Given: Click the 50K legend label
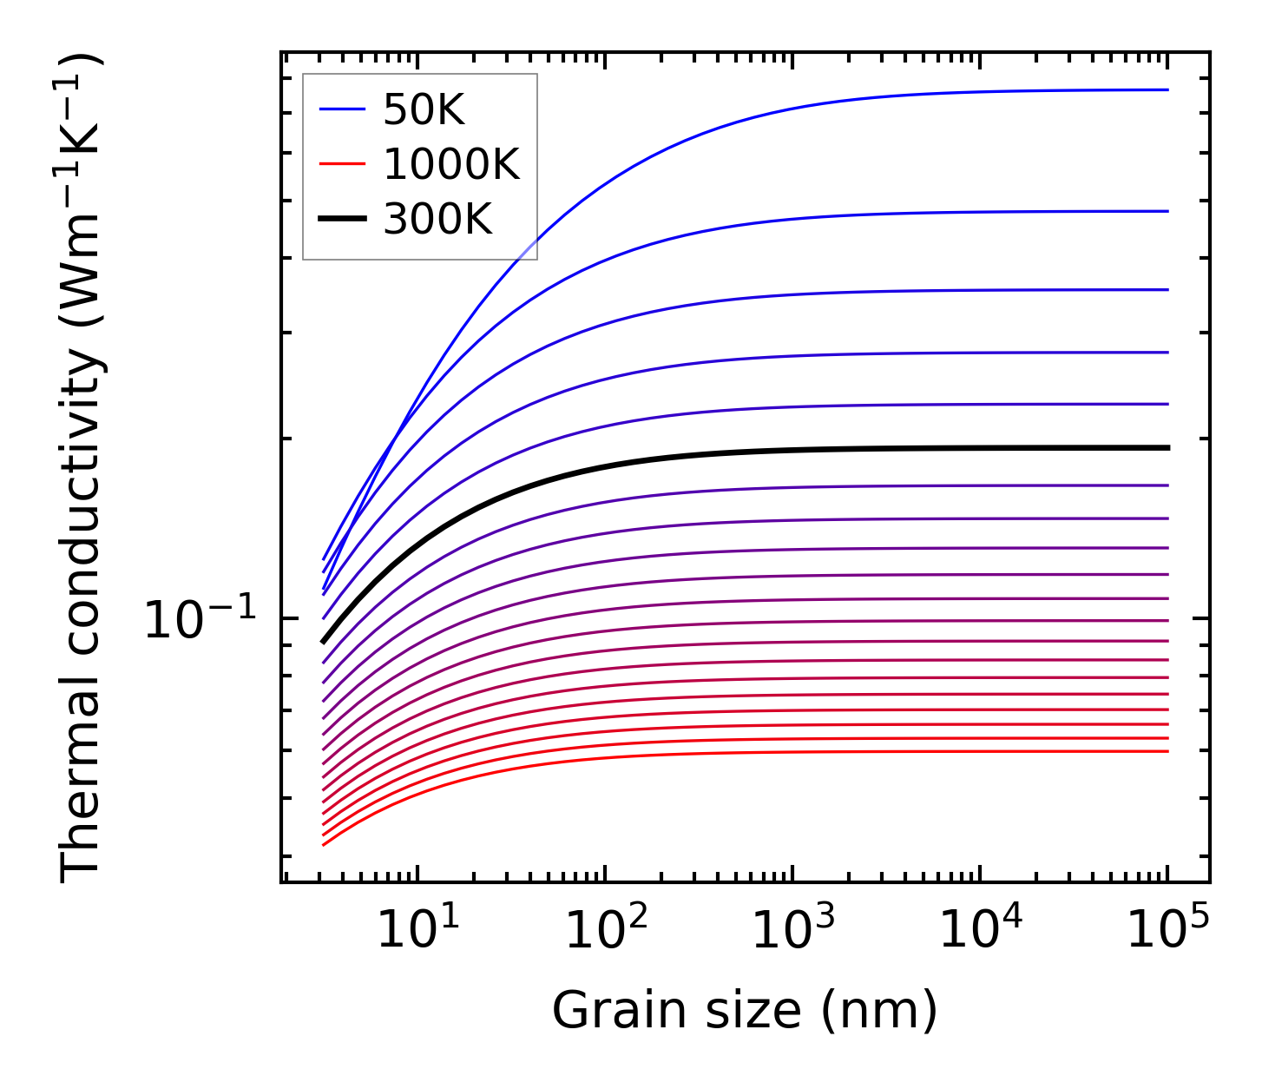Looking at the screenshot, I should (x=424, y=110).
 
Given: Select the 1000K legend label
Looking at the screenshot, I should (x=451, y=164).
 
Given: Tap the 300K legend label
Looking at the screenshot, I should (x=437, y=220).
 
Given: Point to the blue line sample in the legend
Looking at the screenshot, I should (x=342, y=109).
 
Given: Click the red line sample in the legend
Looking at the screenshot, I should (x=342, y=164).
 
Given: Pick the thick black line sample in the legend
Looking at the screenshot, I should (x=342, y=219).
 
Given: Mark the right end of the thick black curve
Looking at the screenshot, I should (x=1168, y=448).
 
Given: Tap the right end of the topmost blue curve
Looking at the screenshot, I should (x=1168, y=89).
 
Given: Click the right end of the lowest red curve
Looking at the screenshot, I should (x=1168, y=751).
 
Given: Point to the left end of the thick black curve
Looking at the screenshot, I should (x=323, y=642).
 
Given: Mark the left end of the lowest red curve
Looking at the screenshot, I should (x=323, y=844).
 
